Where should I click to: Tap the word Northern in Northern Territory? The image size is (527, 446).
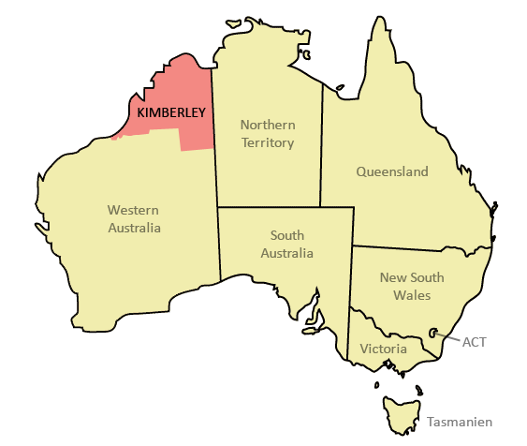pyautogui.click(x=268, y=125)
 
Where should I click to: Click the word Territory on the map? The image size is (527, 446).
pyautogui.click(x=268, y=142)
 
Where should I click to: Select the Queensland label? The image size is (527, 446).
pyautogui.click(x=392, y=171)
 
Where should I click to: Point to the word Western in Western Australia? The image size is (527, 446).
pyautogui.click(x=133, y=210)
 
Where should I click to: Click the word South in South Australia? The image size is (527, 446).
pyautogui.click(x=286, y=235)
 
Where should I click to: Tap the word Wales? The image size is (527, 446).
pyautogui.click(x=412, y=295)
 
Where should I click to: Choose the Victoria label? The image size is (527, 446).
pyautogui.click(x=383, y=349)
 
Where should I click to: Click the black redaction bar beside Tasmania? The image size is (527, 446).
pyautogui.click(x=459, y=421)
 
